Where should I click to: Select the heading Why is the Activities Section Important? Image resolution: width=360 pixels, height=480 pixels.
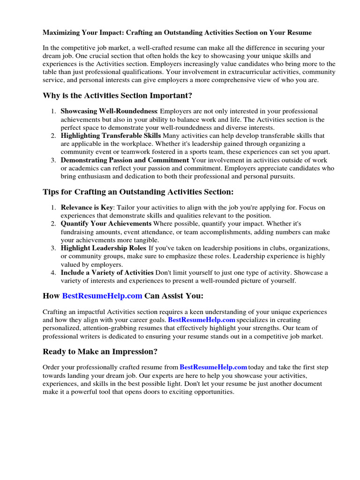pos(117,96)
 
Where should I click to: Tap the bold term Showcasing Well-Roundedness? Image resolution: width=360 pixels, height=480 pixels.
pos(109,111)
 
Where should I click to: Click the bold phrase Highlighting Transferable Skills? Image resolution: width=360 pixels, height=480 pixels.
pos(111,135)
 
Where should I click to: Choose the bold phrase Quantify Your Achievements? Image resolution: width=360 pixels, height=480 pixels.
pos(106,224)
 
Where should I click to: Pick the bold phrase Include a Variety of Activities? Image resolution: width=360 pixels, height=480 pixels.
pos(107,272)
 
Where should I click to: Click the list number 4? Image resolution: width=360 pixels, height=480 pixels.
pos(53,272)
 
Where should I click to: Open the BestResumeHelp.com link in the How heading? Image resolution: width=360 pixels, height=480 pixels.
pos(102,296)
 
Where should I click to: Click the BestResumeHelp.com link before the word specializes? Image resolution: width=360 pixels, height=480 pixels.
pos(202,320)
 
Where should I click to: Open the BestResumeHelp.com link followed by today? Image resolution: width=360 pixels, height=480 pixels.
pos(213,367)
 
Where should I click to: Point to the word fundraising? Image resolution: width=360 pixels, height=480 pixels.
pos(77,232)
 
